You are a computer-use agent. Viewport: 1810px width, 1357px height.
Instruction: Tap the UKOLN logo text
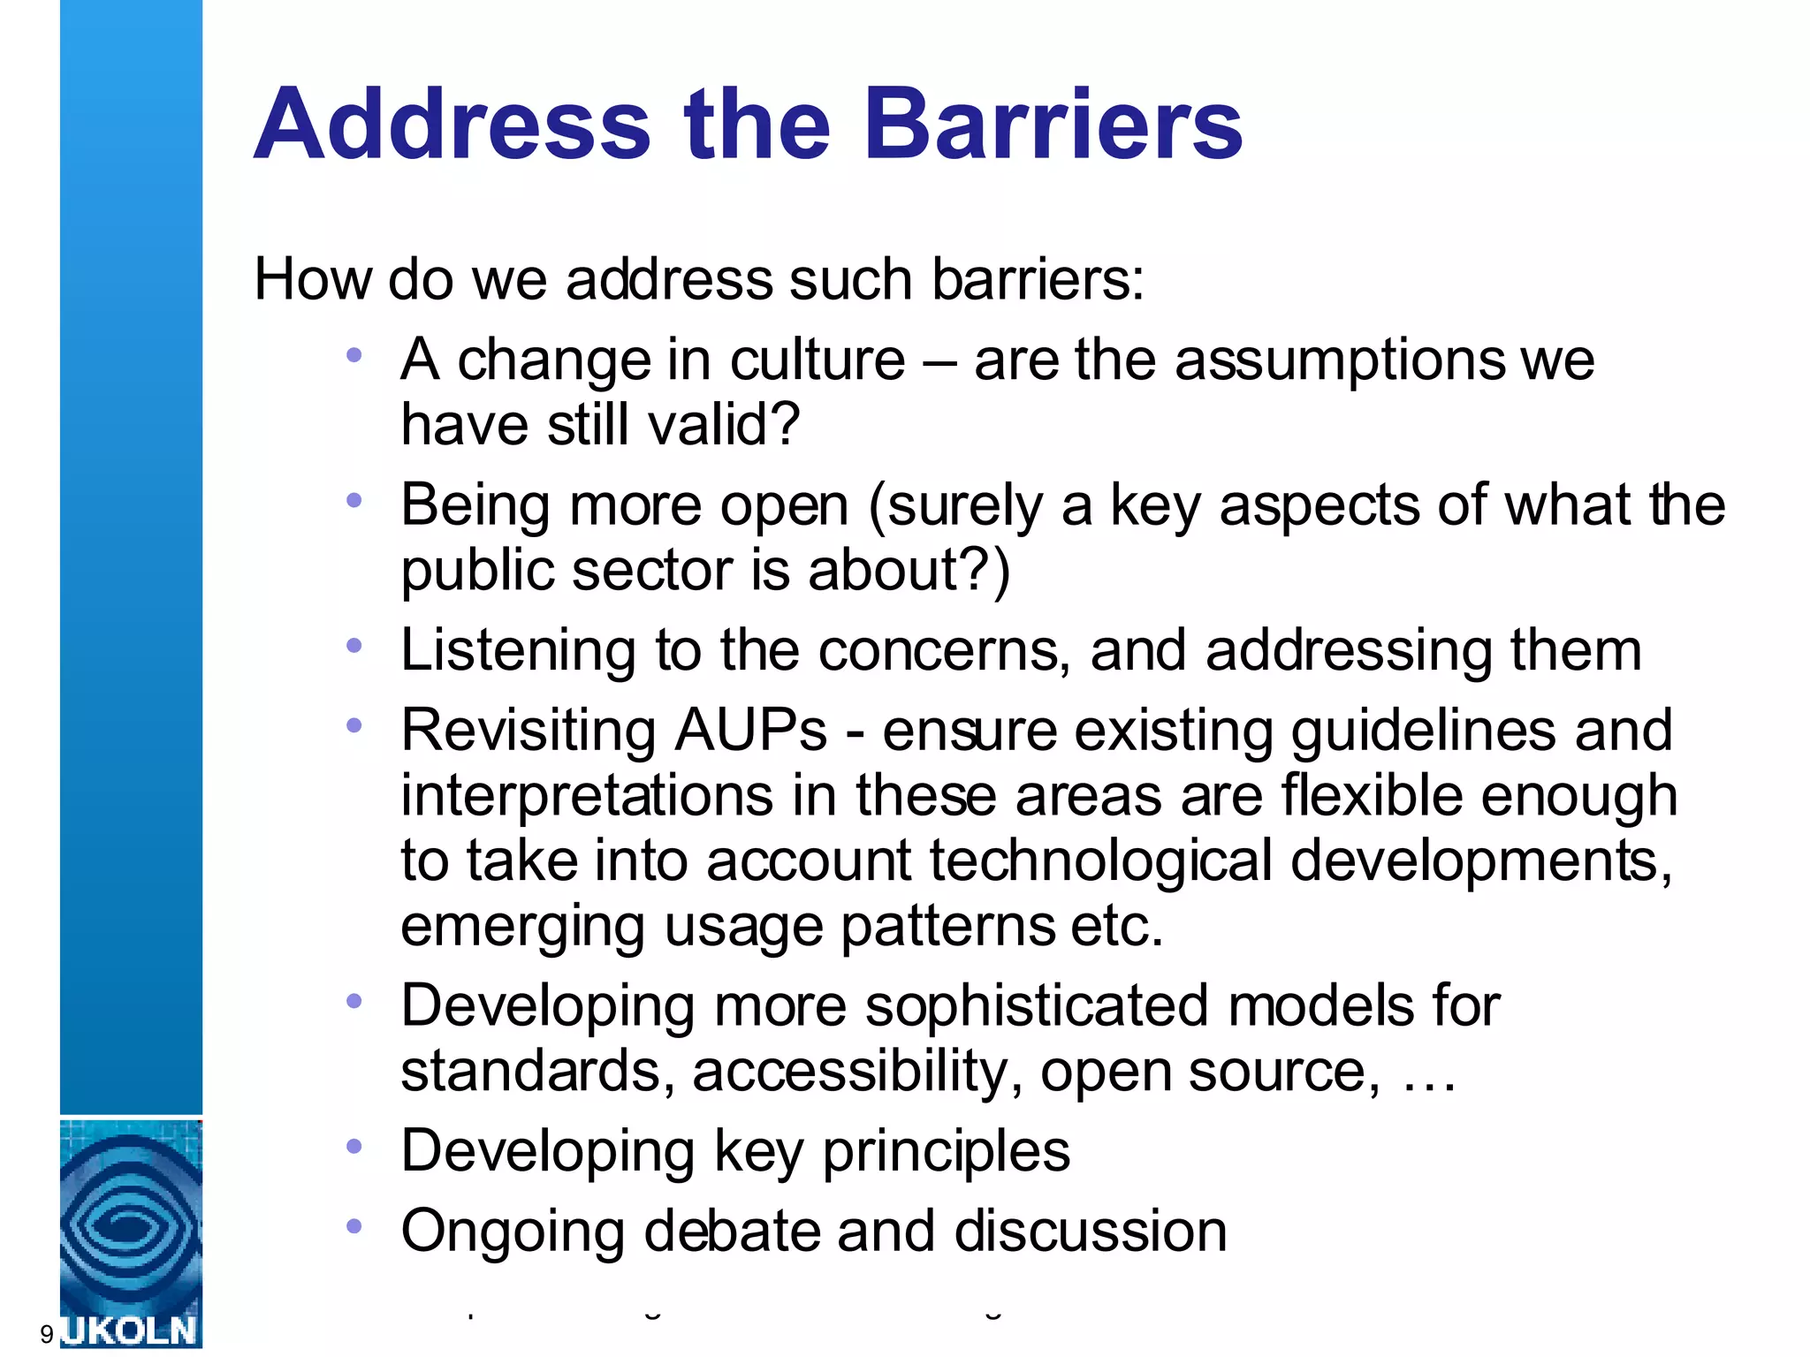coord(131,1330)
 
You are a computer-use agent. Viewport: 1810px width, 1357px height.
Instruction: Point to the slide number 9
coord(47,1334)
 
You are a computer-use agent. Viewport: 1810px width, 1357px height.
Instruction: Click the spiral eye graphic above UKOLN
coord(130,1224)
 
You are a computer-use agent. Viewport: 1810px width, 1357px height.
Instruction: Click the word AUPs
coord(750,731)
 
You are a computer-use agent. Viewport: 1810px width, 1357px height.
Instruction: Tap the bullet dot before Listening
coord(354,646)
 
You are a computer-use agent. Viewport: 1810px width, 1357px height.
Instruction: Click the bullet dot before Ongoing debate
coord(354,1226)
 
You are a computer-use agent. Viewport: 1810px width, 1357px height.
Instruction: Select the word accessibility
coord(848,1072)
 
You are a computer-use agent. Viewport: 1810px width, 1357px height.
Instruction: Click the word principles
coord(946,1152)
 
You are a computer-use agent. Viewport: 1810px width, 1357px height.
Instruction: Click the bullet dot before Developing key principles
coord(354,1147)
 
